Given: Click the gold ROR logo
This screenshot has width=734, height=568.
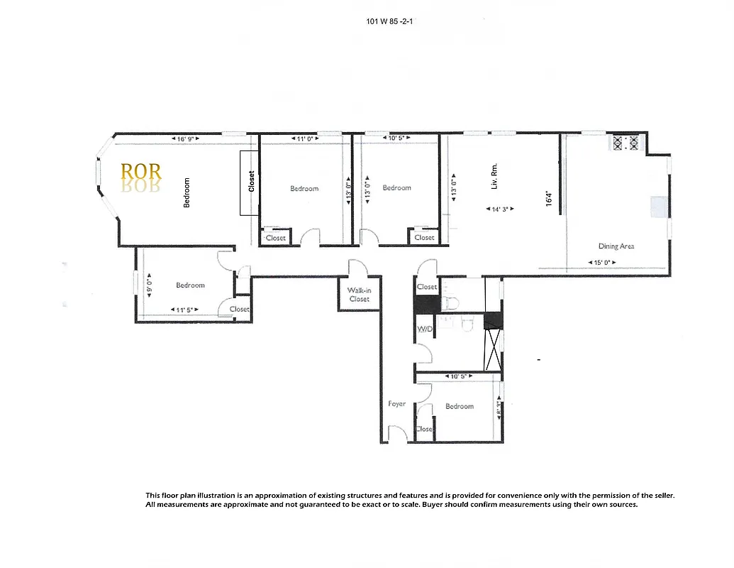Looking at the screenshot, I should click(141, 171).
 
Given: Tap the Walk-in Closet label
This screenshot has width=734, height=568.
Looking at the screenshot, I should click(359, 295).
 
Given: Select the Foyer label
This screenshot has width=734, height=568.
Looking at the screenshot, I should click(397, 404).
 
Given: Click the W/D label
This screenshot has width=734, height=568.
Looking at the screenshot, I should click(424, 329).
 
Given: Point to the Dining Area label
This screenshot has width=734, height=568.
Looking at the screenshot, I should click(616, 246).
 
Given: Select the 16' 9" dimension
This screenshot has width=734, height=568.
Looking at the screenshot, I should click(187, 138).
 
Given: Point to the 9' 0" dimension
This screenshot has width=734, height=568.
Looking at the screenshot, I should click(149, 285).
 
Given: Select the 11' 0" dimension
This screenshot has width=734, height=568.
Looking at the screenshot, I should click(304, 138).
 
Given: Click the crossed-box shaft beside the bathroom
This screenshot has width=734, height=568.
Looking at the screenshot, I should click(494, 349).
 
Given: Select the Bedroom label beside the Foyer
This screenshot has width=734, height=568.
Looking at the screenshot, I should click(460, 406).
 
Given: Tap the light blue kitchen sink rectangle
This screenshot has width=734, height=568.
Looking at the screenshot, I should click(659, 207).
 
